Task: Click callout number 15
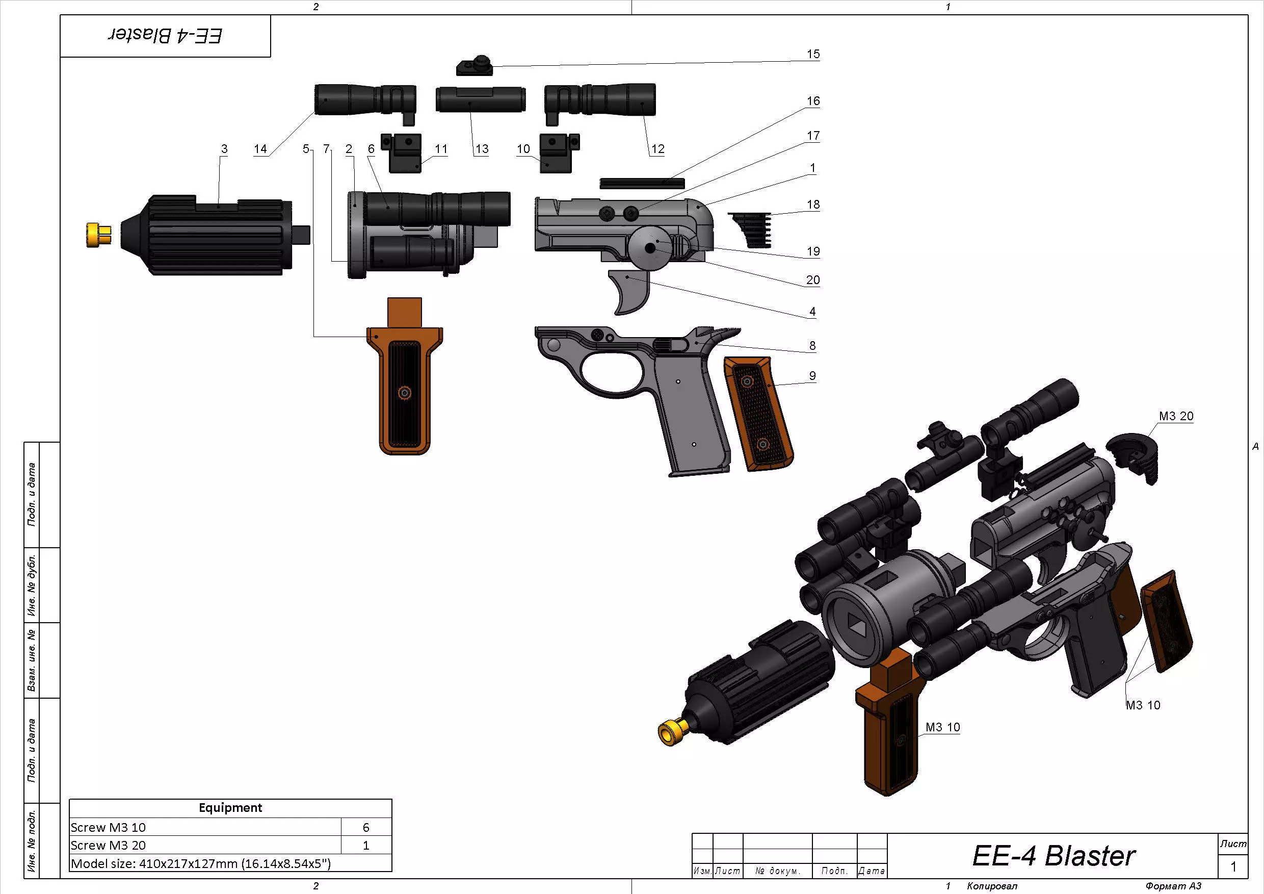(813, 54)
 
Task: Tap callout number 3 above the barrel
(224, 149)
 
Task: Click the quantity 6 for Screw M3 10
(365, 827)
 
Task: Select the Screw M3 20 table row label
(109, 845)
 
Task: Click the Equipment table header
(230, 807)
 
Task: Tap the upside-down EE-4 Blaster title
(165, 36)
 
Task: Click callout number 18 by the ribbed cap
(813, 205)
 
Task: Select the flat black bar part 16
(642, 184)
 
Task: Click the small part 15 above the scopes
(474, 67)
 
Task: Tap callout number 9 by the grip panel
(812, 376)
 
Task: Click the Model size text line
(201, 863)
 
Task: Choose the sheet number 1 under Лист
(1233, 866)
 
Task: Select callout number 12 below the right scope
(658, 149)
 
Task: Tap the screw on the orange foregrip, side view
(405, 393)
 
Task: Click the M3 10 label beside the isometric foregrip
(942, 727)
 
